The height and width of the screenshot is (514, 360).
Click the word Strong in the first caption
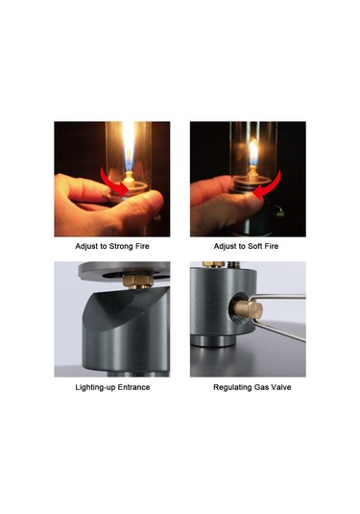pyautogui.click(x=120, y=246)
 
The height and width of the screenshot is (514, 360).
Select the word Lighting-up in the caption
pyautogui.click(x=95, y=387)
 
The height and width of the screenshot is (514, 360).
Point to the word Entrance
pyautogui.click(x=133, y=387)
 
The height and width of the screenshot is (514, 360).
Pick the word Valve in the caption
pyautogui.click(x=281, y=387)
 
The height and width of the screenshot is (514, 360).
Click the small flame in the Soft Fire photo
pyautogui.click(x=252, y=152)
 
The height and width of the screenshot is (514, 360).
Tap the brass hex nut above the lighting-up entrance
pyautogui.click(x=138, y=281)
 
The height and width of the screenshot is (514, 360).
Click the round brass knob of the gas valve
pyautogui.click(x=249, y=310)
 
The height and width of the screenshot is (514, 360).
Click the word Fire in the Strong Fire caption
pyautogui.click(x=141, y=246)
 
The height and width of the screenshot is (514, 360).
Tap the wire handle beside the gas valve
pyautogui.click(x=278, y=315)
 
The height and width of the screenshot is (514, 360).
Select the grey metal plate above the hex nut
pyautogui.click(x=124, y=270)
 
